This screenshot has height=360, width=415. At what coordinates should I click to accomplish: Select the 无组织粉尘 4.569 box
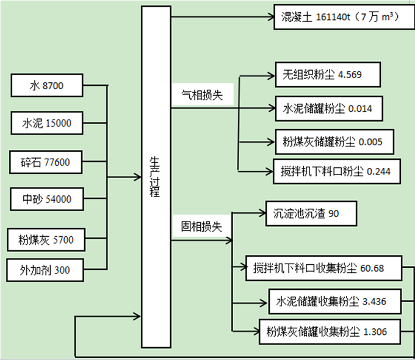click(x=328, y=75)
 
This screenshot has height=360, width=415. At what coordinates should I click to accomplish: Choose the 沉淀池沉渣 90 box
click(x=311, y=214)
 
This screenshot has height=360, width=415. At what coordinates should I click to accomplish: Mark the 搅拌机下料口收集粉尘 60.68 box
click(x=327, y=267)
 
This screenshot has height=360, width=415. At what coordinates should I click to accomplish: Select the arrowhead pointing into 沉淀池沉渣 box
click(x=262, y=214)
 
